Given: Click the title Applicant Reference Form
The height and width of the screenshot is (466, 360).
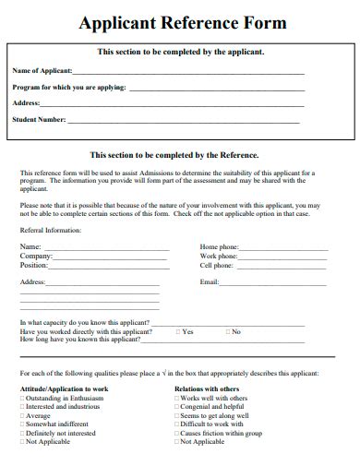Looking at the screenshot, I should [183, 22].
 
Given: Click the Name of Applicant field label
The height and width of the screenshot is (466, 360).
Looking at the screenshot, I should [42, 70].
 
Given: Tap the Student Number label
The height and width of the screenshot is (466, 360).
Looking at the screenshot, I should [39, 119].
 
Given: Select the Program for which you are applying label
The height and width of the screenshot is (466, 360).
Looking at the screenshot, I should [68, 87].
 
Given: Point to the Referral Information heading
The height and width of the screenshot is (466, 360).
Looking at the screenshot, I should [51, 231].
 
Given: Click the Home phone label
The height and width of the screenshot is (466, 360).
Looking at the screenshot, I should [219, 246].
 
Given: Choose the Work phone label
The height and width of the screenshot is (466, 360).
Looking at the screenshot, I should [219, 256].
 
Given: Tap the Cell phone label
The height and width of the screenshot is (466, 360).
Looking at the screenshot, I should [218, 265].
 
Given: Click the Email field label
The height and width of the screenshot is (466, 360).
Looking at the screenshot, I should [210, 281].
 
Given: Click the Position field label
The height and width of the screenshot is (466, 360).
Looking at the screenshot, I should [34, 265].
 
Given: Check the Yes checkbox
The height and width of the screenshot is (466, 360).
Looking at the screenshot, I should [177, 331].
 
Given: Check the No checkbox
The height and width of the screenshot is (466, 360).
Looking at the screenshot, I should [226, 331].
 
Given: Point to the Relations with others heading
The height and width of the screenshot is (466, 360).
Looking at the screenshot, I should [207, 388].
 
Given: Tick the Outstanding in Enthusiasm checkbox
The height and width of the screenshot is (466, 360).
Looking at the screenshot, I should [22, 398].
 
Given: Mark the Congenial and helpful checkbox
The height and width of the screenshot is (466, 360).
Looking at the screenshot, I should [177, 407].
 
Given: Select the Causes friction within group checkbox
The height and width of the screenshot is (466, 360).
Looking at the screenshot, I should [177, 433].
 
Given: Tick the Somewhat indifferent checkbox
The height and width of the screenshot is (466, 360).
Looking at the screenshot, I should [22, 424].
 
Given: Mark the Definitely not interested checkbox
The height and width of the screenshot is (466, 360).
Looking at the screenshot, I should [22, 433].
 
